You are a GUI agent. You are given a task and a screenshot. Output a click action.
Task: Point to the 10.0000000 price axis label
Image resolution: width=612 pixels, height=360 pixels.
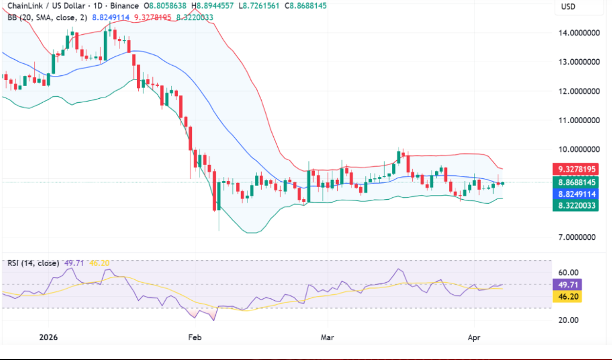pos(577,150)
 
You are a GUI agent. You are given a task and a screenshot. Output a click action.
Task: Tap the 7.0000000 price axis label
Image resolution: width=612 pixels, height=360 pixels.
pos(577,237)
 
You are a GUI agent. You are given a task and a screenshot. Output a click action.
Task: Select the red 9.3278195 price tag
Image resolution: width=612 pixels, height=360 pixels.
pos(577,169)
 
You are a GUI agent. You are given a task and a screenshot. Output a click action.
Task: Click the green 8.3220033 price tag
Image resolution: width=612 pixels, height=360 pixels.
pos(577,206)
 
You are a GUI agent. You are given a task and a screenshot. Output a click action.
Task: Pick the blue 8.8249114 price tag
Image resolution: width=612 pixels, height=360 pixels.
pos(577,194)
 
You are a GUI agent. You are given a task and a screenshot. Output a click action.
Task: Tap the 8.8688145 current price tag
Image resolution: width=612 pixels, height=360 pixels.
pos(577,182)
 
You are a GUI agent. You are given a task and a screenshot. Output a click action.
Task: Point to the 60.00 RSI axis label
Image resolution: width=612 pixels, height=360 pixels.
pos(568,273)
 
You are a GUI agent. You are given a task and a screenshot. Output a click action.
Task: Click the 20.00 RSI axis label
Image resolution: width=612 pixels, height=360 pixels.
pos(568,320)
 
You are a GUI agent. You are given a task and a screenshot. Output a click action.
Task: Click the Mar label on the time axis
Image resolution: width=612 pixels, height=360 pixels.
pos(328,337)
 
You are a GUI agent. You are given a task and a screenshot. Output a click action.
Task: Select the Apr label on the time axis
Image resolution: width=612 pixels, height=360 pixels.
pos(473,337)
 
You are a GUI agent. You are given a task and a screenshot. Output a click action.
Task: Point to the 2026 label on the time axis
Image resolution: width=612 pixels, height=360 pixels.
pos(48,337)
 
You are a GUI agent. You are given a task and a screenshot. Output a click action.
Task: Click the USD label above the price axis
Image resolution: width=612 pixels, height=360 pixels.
pos(568,7)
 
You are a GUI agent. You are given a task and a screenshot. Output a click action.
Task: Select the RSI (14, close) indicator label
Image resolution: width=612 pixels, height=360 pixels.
pos(33,263)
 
